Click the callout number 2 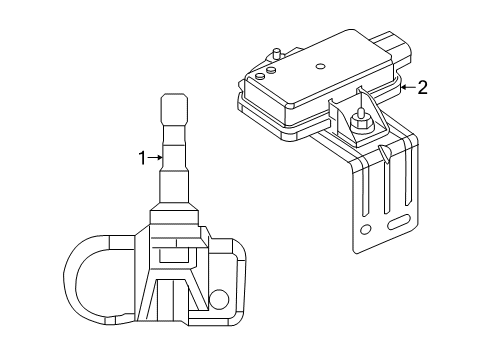pyautogui.click(x=422, y=88)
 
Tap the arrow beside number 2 pyautogui.click(x=405, y=88)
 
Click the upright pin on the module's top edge pyautogui.click(x=275, y=51)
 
